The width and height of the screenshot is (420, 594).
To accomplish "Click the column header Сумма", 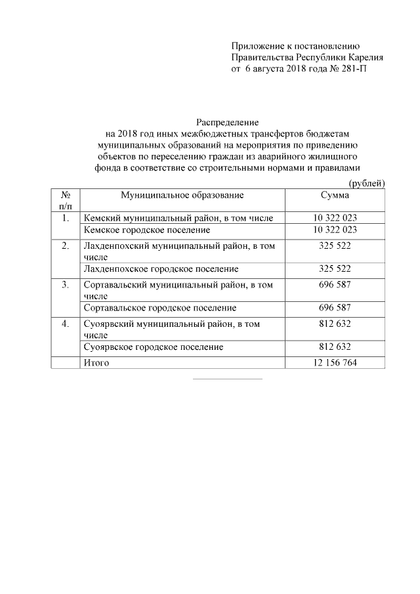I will coord(335,195).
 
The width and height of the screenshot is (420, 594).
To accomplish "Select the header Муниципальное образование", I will coord(182,195).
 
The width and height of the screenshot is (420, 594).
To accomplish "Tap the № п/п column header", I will coord(66,200).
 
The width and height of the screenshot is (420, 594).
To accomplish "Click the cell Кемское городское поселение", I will coord(146,230).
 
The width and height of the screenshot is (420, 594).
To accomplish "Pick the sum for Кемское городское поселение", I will coord(335,230).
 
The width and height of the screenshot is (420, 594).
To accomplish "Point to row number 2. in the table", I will coord(66,246).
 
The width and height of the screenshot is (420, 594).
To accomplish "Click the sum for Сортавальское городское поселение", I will coord(335,308).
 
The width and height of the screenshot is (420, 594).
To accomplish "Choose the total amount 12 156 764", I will coord(335,363).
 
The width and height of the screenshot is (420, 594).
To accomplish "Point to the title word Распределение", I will coord(228,122).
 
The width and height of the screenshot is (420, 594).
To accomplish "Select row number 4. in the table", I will coord(66,324).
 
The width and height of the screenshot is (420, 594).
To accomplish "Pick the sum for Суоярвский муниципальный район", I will coord(335,324).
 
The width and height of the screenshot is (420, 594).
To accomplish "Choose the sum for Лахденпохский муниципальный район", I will coord(335,246).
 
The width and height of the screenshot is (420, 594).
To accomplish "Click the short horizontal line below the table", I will coord(227,379).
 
